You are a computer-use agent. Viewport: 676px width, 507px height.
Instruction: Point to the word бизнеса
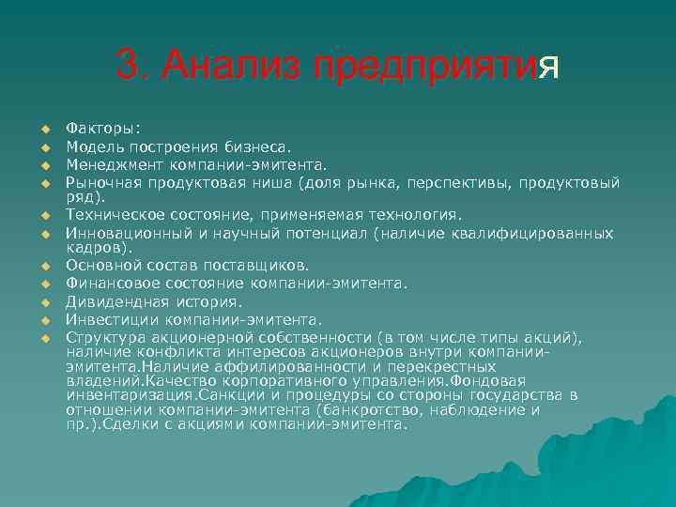coord(258,147)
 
